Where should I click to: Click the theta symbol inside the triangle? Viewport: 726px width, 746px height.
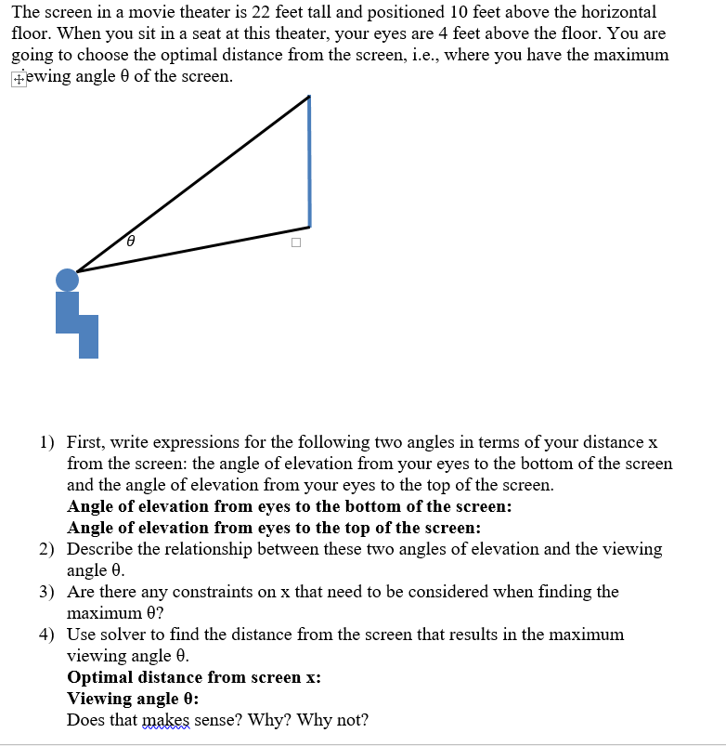131,241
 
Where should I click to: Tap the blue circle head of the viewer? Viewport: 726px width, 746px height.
67,280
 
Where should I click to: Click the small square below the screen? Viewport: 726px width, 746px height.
295,243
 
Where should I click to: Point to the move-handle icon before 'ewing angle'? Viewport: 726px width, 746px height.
19,78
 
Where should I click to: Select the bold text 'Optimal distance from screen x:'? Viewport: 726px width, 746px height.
194,677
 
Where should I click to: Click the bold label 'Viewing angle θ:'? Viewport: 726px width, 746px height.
133,699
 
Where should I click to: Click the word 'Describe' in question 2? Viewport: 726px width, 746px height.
99,549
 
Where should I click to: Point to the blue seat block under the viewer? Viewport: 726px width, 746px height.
78,325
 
